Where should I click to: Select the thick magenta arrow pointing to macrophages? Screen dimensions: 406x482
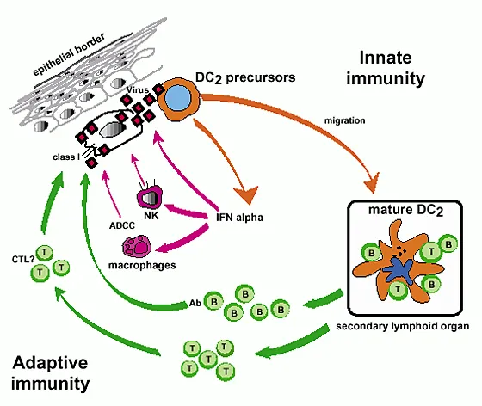pos(194,241)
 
